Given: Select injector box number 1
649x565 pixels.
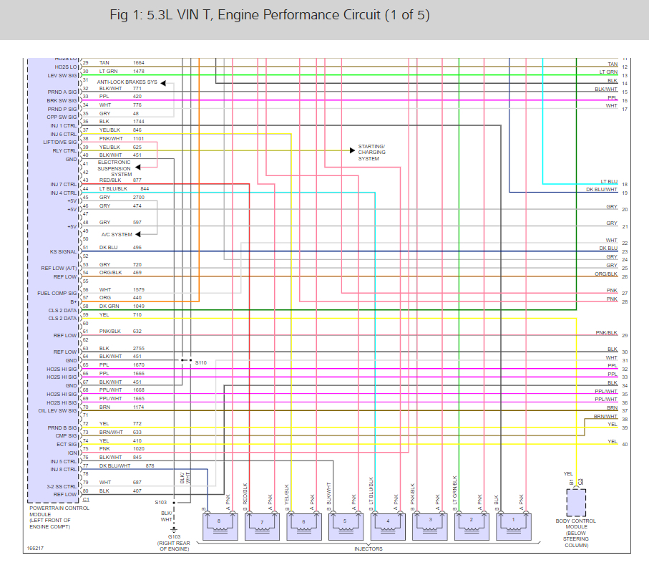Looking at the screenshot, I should coord(513,526).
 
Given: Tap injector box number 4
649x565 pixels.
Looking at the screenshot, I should coord(387,526).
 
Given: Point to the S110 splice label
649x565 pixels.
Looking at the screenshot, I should coord(201,363).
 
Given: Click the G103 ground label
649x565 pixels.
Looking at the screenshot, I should coord(174,536).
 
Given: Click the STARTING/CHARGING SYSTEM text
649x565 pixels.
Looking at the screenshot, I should coord(371,153).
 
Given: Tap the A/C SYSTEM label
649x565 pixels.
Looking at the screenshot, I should coord(116,234).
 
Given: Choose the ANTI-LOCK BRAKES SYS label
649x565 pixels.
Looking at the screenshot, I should coord(127,82).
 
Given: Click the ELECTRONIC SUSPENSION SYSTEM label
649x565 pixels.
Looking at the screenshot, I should coord(114,168).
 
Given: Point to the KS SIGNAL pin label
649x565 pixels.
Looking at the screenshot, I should coord(63,251).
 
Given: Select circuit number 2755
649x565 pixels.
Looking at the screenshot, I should coord(139,348).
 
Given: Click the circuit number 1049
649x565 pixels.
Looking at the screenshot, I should coord(139,306).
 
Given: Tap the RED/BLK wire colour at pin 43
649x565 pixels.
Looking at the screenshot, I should coord(109,180).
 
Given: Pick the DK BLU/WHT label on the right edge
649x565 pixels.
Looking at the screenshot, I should coord(602,190).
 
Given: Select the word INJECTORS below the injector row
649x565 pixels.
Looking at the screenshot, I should coord(368,549).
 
